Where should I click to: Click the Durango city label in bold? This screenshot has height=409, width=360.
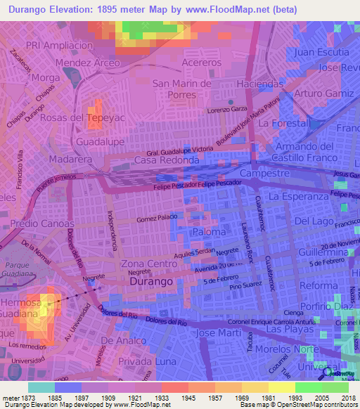[x=151, y=280]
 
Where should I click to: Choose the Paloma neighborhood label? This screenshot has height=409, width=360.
[x=209, y=231]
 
